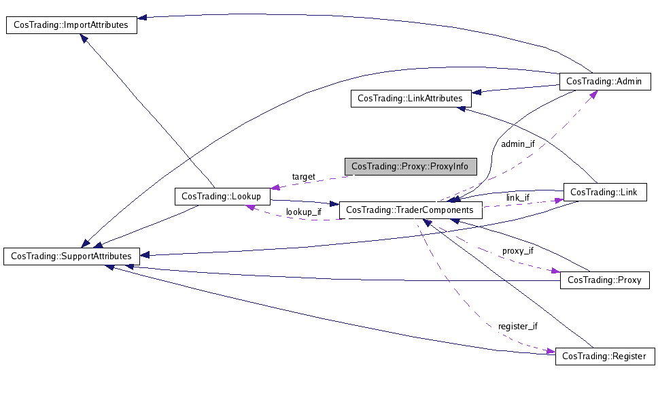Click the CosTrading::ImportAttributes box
pos(71,25)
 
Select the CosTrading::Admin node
pos(605,82)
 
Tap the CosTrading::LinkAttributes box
pos(411,99)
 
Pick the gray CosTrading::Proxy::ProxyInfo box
pos(411,167)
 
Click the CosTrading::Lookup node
pos(222,197)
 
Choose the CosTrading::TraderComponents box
pos(411,210)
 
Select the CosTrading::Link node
pos(605,193)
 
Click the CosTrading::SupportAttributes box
pos(71,256)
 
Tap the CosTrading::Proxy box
pos(605,280)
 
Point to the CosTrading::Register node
pos(605,356)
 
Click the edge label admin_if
pos(518,144)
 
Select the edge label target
pos(303,177)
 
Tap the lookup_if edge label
pos(303,212)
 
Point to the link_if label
pos(517,198)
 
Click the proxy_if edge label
pos(518,251)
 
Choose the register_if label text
pos(518,326)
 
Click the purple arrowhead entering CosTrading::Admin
pos(593,95)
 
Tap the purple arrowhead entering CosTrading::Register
pos(551,351)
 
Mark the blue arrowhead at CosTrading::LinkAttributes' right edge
pos(477,93)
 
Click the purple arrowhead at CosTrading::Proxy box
pos(555,271)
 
